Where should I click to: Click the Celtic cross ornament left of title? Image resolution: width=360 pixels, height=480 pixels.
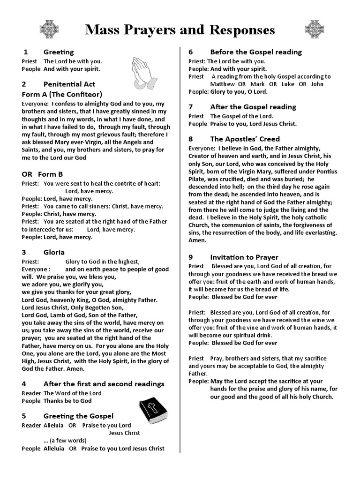point(49,30)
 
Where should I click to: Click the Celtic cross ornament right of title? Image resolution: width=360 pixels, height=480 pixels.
point(314,30)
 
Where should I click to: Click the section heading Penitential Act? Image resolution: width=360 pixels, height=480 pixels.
point(69,84)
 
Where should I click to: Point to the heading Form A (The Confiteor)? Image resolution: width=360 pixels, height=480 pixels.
point(62,94)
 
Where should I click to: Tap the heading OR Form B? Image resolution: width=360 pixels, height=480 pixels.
point(42,174)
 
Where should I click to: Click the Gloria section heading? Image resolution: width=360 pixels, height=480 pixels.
point(54,252)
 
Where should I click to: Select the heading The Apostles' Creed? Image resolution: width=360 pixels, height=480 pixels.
point(245,139)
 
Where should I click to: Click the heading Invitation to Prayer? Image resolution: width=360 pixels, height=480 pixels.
point(244,257)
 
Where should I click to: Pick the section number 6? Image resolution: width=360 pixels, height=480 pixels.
point(191,52)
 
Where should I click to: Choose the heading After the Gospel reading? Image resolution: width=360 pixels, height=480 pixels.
point(253,107)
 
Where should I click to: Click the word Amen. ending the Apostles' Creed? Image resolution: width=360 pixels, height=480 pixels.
point(197,240)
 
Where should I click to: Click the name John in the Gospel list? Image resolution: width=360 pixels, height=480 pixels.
point(317,84)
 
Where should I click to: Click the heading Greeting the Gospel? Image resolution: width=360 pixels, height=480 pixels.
point(78,416)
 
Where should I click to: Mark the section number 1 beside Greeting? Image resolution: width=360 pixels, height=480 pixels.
point(26,52)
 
